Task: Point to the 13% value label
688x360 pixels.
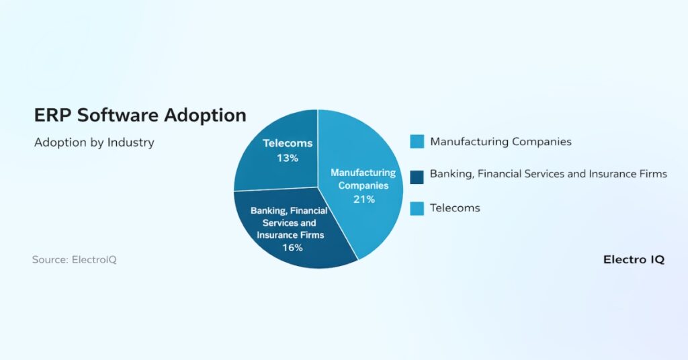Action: (x=288, y=158)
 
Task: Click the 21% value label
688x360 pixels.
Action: (x=364, y=199)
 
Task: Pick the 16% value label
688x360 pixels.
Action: (x=293, y=248)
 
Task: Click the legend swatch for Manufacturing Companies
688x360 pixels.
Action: (x=417, y=142)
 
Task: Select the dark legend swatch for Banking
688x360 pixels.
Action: (x=417, y=177)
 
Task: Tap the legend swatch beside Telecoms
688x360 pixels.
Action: (x=417, y=208)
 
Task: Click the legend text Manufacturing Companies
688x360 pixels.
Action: (x=501, y=142)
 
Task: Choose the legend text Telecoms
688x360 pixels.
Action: (x=455, y=208)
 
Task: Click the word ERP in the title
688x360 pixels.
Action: (x=52, y=116)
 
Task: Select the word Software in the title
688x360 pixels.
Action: (x=118, y=116)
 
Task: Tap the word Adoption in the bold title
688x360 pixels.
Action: (x=205, y=116)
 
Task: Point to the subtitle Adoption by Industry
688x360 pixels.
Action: (x=94, y=142)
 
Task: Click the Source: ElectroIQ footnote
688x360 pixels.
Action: (x=74, y=259)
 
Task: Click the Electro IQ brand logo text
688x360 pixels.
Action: (x=634, y=259)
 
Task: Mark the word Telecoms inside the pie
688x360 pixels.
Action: (x=288, y=143)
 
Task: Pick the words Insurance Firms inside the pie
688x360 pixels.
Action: (x=290, y=235)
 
